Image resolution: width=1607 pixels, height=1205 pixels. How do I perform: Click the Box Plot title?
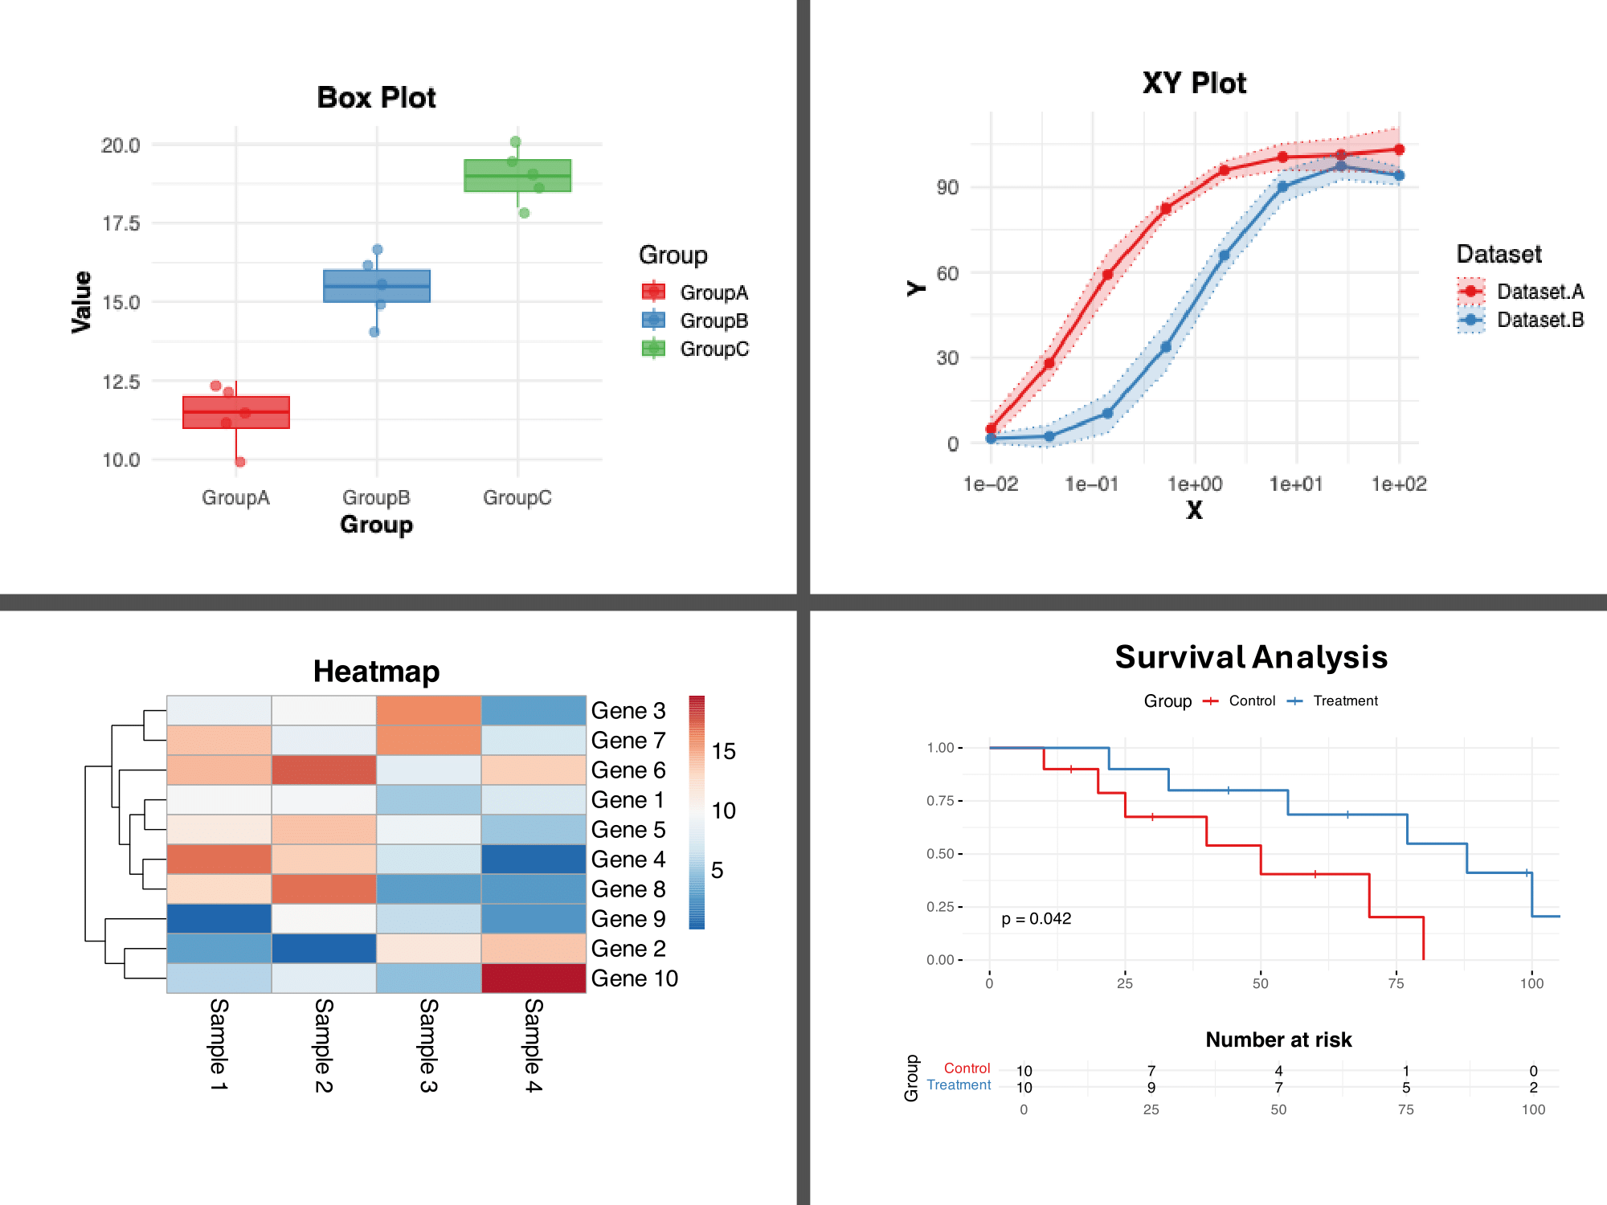coord(376,97)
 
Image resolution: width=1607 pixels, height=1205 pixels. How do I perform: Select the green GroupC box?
coord(517,175)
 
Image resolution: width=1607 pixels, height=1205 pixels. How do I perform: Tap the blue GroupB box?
coord(376,286)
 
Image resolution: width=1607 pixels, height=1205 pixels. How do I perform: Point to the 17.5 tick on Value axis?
coord(121,223)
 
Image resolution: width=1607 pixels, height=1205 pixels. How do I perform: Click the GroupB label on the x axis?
coord(376,497)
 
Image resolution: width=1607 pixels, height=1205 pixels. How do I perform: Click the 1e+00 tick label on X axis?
coord(1195,484)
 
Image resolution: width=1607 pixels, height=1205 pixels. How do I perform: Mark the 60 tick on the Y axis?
coord(947,273)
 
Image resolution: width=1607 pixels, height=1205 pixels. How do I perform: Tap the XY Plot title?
coord(1194,83)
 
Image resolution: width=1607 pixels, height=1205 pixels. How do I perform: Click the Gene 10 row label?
coord(634,978)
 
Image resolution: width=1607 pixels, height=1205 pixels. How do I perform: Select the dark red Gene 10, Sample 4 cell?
coord(534,978)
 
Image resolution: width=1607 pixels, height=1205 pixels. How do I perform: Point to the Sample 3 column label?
coord(429,1045)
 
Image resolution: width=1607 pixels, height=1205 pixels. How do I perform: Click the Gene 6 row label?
coord(628,770)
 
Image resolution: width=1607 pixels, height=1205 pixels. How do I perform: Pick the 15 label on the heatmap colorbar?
coord(723,751)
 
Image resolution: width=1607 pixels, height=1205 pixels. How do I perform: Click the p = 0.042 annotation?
coord(1036,918)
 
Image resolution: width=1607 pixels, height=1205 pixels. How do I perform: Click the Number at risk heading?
coord(1278,1040)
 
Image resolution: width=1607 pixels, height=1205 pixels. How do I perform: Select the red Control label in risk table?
coord(967,1068)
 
